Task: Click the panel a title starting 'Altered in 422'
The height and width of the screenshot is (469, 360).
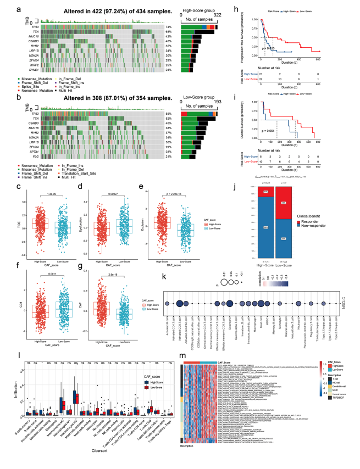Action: click(x=98, y=10)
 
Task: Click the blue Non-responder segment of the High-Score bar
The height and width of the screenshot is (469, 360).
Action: click(x=266, y=226)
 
